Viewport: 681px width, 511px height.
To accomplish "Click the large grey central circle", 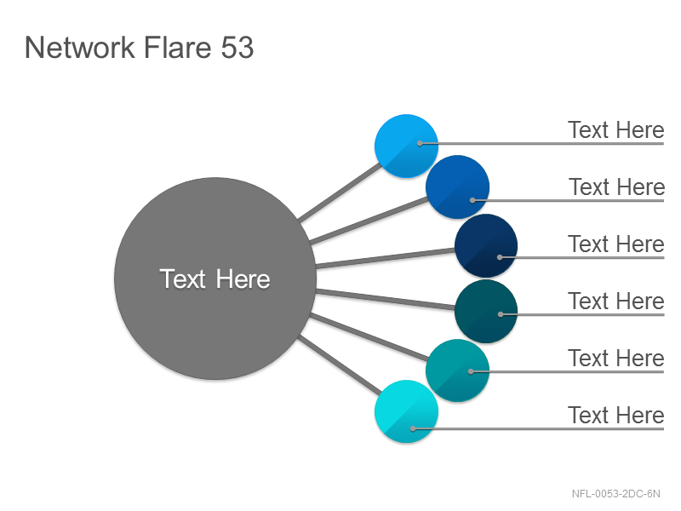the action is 215,278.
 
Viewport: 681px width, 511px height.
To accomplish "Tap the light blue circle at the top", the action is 406,146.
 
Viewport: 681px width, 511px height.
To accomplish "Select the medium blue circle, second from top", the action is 457,187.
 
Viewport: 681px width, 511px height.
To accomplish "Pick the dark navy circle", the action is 486,245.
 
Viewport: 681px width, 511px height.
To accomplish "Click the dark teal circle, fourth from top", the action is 486,312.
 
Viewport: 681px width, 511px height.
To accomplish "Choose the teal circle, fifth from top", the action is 457,370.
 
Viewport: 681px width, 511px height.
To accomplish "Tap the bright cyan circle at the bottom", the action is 406,411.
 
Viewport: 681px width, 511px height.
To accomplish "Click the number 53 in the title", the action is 237,48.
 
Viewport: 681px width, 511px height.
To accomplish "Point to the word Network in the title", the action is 80,48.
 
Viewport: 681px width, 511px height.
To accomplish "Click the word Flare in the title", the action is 177,48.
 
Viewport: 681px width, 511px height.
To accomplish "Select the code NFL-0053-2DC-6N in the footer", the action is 615,494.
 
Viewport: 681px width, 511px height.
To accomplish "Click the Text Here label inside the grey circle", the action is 215,278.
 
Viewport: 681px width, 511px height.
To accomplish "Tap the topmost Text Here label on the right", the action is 615,130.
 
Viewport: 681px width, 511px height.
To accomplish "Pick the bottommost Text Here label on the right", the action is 615,415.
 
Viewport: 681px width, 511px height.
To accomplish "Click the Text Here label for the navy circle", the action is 615,244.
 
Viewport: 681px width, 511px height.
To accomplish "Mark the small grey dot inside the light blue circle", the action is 420,143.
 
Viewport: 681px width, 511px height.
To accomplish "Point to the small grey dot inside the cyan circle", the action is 413,428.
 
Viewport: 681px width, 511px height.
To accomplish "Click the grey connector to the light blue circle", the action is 340,192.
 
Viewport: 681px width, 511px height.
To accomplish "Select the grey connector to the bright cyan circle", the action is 340,365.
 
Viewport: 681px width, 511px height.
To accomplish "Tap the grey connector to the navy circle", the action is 386,258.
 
